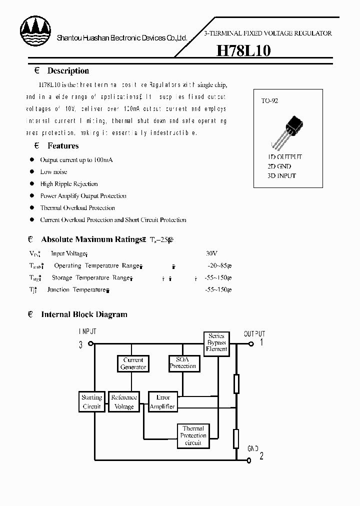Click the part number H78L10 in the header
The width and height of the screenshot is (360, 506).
pyautogui.click(x=243, y=51)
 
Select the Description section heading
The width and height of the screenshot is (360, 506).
pyautogui.click(x=68, y=71)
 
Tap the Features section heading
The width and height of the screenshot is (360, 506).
pyautogui.click(x=63, y=146)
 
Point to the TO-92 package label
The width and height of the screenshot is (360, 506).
pyautogui.click(x=269, y=100)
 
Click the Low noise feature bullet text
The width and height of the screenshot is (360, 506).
pyautogui.click(x=53, y=172)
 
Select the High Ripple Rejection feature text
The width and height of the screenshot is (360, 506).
pyautogui.click(x=69, y=184)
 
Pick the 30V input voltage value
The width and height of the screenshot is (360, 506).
pyautogui.click(x=211, y=254)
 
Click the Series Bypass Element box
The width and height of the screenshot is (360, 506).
pyautogui.click(x=216, y=342)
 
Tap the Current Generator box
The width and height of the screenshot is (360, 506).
pyautogui.click(x=133, y=363)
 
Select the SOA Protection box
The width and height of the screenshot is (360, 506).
pyautogui.click(x=182, y=363)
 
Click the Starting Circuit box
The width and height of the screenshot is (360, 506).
pyautogui.click(x=91, y=402)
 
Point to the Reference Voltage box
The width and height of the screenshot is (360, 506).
pyautogui.click(x=124, y=402)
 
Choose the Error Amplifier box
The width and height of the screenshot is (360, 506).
pyautogui.click(x=162, y=402)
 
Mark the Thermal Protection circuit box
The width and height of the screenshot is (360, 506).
pyautogui.click(x=192, y=435)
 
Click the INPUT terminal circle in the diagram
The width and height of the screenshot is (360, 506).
pyautogui.click(x=90, y=343)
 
